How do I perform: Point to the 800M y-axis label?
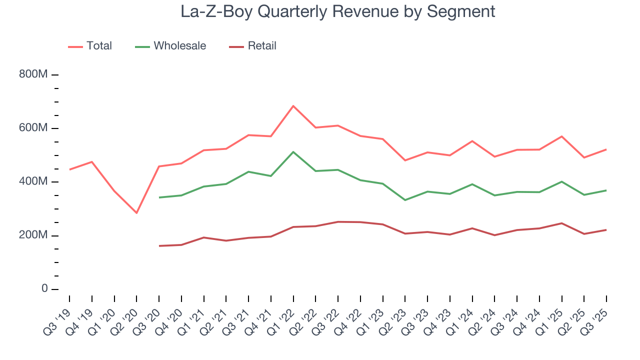(33, 74)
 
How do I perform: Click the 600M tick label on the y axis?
(33, 128)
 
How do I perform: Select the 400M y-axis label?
(33, 181)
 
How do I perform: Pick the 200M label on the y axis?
(33, 235)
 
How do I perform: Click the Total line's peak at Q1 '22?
(293, 106)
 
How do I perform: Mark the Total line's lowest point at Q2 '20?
(136, 213)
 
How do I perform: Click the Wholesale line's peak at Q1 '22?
(293, 152)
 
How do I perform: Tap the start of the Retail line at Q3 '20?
(159, 246)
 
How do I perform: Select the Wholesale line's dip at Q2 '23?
(405, 200)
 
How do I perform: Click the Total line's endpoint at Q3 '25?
(606, 149)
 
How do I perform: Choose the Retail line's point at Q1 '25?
(561, 223)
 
